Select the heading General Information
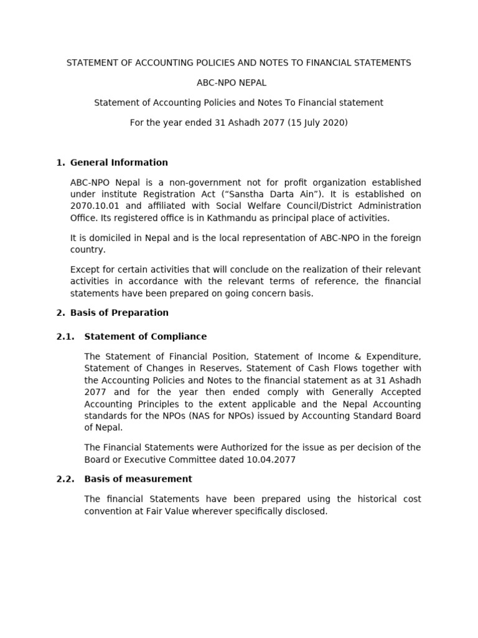pyautogui.click(x=119, y=163)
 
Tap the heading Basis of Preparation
pyautogui.click(x=119, y=313)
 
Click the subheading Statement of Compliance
pyautogui.click(x=145, y=336)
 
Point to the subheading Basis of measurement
pyautogui.click(x=138, y=479)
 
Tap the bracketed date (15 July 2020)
pyautogui.click(x=317, y=123)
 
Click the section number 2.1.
pyautogui.click(x=65, y=336)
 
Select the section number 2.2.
pyautogui.click(x=65, y=479)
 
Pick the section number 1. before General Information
pyautogui.click(x=60, y=163)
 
